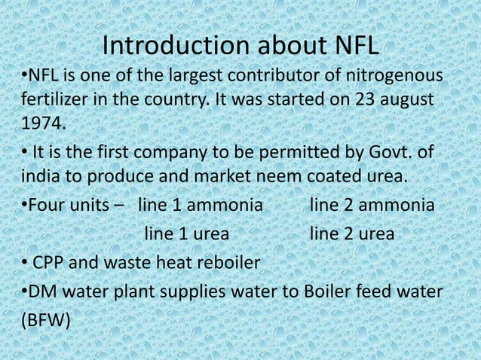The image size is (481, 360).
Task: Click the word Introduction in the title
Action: pyautogui.click(x=171, y=47)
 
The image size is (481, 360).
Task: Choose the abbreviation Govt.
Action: pyautogui.click(x=392, y=154)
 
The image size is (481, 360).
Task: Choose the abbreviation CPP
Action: pyautogui.click(x=51, y=264)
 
